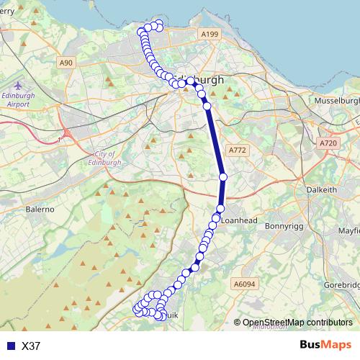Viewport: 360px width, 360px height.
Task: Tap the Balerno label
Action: point(41,209)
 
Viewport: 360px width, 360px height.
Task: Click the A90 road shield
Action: point(66,63)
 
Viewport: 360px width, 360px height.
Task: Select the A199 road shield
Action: point(210,35)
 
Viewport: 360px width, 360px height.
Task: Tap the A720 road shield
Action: point(328,144)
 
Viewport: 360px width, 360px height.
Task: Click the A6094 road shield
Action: point(245,285)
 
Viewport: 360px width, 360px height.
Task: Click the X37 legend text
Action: point(30,346)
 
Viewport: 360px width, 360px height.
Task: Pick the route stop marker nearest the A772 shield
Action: point(223,176)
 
